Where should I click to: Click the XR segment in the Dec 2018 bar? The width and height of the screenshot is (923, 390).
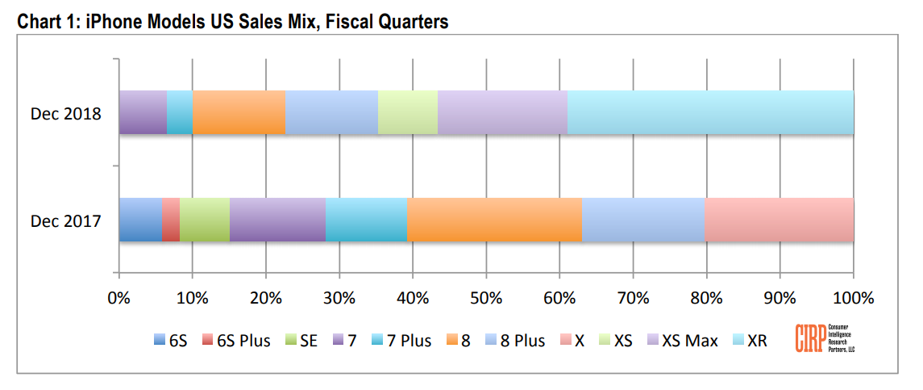point(710,112)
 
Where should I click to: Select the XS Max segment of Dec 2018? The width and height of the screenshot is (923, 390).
point(502,112)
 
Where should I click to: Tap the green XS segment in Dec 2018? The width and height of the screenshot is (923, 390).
point(408,112)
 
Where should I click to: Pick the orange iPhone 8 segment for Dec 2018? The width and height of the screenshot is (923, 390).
point(239,112)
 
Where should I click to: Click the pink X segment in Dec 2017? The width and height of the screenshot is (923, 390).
point(779,220)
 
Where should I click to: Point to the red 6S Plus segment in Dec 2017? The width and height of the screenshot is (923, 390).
point(171,220)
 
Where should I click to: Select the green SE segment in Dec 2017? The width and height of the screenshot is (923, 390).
point(205,220)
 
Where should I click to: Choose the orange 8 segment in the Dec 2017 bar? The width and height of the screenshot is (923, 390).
point(494,220)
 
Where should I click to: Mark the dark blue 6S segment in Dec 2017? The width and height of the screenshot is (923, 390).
point(140,220)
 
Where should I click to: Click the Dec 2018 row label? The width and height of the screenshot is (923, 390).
point(66,113)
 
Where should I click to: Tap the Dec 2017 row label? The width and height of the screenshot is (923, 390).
point(66,220)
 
